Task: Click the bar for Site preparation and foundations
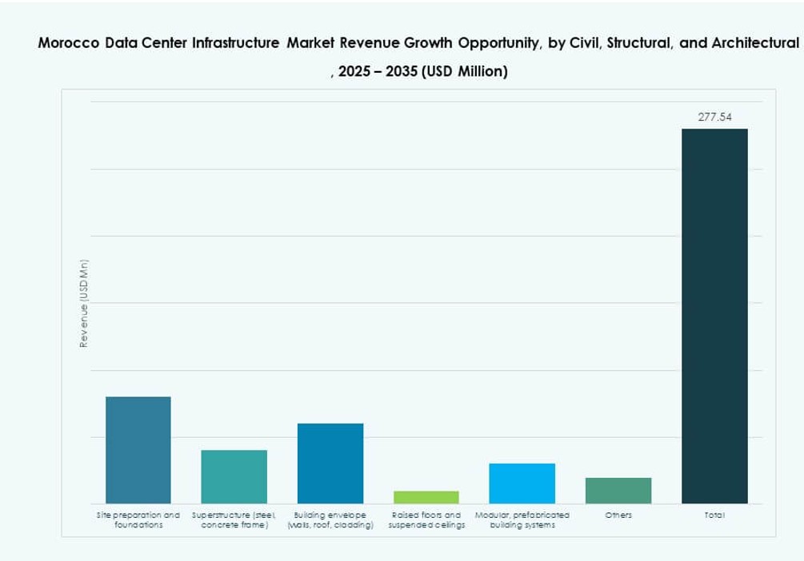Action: (x=138, y=450)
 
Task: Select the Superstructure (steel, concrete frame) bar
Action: (x=234, y=476)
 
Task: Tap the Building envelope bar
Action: (x=330, y=464)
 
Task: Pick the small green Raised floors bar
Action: (x=426, y=497)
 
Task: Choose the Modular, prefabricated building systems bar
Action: (x=522, y=483)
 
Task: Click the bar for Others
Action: (x=618, y=491)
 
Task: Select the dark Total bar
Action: (x=714, y=316)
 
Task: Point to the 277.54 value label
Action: (x=714, y=117)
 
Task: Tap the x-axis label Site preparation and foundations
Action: (x=138, y=520)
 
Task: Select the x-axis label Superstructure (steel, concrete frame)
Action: (x=234, y=520)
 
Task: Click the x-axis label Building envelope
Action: (x=330, y=520)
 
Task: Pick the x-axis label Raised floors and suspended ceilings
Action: (x=426, y=520)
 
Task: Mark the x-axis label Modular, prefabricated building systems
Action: (x=522, y=520)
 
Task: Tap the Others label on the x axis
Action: (x=618, y=515)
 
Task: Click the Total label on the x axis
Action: (x=714, y=515)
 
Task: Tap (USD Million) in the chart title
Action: (x=465, y=72)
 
